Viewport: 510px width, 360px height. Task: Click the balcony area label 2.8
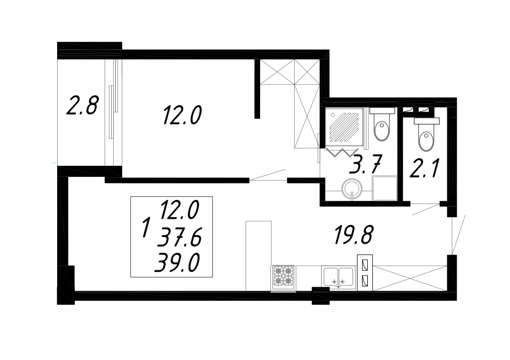point(82,105)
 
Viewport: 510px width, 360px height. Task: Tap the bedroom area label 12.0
point(182,115)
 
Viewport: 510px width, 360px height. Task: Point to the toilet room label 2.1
point(425,168)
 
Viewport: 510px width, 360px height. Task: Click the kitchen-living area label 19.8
point(353,235)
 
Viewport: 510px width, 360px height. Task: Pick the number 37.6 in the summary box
point(179,237)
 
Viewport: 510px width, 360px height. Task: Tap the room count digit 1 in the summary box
point(146,228)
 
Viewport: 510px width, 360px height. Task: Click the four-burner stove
point(283,277)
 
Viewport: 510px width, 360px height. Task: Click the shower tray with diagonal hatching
point(344,126)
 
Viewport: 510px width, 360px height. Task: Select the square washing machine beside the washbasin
point(385,188)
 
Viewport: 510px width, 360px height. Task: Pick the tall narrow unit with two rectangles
point(365,272)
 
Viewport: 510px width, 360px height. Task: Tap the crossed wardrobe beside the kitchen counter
point(410,278)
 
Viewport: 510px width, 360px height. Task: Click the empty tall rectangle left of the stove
point(259,256)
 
